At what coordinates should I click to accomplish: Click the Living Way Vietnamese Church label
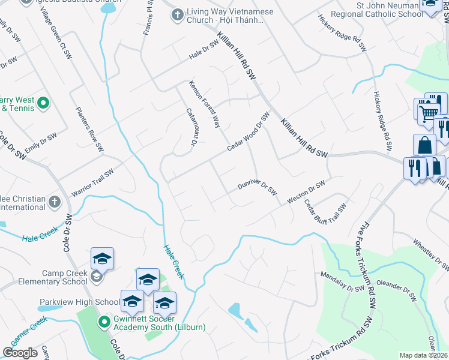pos(230,16)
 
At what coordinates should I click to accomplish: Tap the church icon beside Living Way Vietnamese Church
pos(177,14)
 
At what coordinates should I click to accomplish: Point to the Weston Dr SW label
pos(306,191)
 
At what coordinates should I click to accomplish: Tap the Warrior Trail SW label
pos(92,182)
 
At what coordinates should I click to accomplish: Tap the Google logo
pos(20,352)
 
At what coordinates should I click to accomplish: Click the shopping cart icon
pos(427,112)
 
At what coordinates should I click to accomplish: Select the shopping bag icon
pos(424,145)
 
